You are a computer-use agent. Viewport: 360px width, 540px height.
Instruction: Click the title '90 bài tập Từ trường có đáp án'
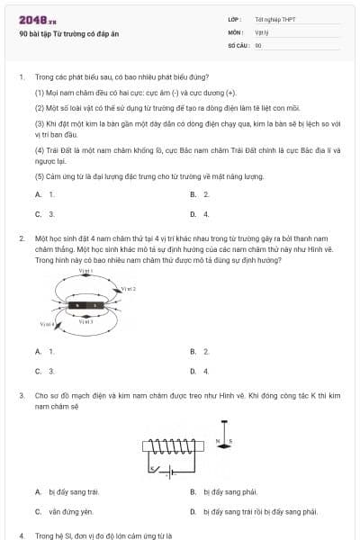pos(68,33)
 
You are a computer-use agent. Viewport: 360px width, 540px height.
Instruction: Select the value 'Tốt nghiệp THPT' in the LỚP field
pos(274,19)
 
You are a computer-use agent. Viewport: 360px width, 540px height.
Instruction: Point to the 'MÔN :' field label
pos(236,31)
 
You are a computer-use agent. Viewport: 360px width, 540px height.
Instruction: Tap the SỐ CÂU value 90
pos(258,44)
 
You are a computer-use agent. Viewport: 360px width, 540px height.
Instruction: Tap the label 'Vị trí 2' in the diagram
pos(128,289)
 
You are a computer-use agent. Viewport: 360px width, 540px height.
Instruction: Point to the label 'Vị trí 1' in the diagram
pos(85,271)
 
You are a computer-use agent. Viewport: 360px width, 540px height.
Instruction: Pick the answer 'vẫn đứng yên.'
pos(72,511)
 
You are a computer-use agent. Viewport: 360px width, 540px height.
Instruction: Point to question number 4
pos(22,535)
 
